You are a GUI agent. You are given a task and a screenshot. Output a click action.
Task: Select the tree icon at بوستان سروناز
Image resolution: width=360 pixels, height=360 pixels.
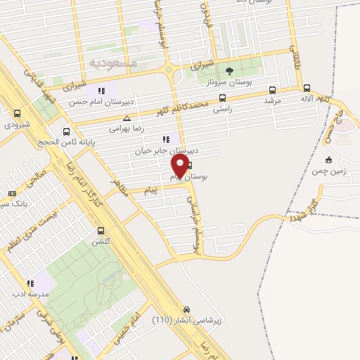coord(229,70)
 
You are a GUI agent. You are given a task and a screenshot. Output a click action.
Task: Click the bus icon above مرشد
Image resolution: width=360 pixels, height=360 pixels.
coord(272,90)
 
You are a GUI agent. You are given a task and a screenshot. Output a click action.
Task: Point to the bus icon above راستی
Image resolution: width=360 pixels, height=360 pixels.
coord(222,98)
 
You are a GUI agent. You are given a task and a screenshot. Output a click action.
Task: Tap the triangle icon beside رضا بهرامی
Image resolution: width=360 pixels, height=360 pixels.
coord(126,118)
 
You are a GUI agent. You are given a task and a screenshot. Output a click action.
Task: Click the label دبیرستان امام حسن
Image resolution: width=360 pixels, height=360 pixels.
coord(122,100)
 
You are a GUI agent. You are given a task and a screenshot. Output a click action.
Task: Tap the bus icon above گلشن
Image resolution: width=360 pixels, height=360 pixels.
coord(101,231)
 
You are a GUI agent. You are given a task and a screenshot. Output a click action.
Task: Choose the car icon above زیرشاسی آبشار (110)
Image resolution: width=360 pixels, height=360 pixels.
coord(186,310)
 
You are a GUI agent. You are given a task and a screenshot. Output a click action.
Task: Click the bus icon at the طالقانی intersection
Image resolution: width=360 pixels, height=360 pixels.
coord(307,88)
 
